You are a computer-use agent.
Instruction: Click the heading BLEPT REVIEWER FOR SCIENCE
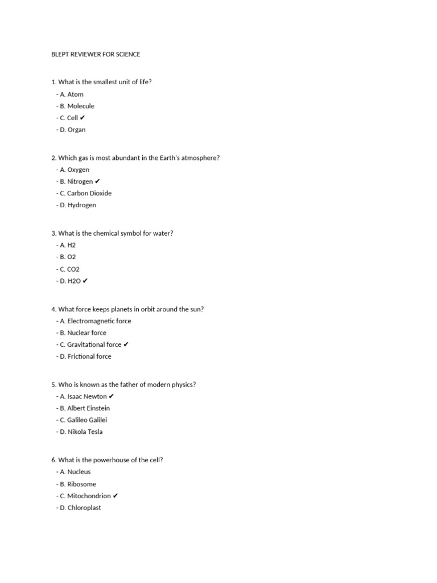pyautogui.click(x=96, y=54)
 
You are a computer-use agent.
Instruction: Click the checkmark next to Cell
pyautogui.click(x=83, y=118)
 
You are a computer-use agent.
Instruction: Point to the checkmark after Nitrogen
pyautogui.click(x=97, y=182)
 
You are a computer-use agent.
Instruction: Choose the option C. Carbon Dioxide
pyautogui.click(x=85, y=193)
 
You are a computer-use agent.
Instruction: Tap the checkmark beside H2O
pyautogui.click(x=85, y=281)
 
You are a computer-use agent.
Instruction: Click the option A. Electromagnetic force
pyautogui.click(x=94, y=321)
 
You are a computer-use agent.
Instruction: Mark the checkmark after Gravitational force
pyautogui.click(x=126, y=344)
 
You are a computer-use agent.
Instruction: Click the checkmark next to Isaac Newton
pyautogui.click(x=112, y=396)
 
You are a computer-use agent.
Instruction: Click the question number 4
pyautogui.click(x=53, y=309)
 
